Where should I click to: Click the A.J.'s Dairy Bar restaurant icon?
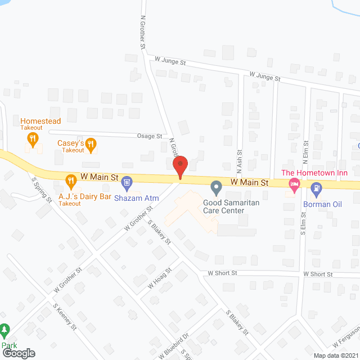[x=71, y=181]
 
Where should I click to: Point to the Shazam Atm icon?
[x=128, y=182]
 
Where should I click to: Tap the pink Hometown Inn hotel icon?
[x=294, y=184]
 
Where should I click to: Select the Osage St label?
[x=150, y=136]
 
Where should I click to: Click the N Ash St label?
[x=239, y=160]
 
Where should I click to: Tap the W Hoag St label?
[x=159, y=278]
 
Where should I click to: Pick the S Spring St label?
[x=42, y=191]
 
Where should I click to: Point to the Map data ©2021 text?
[x=335, y=355]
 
